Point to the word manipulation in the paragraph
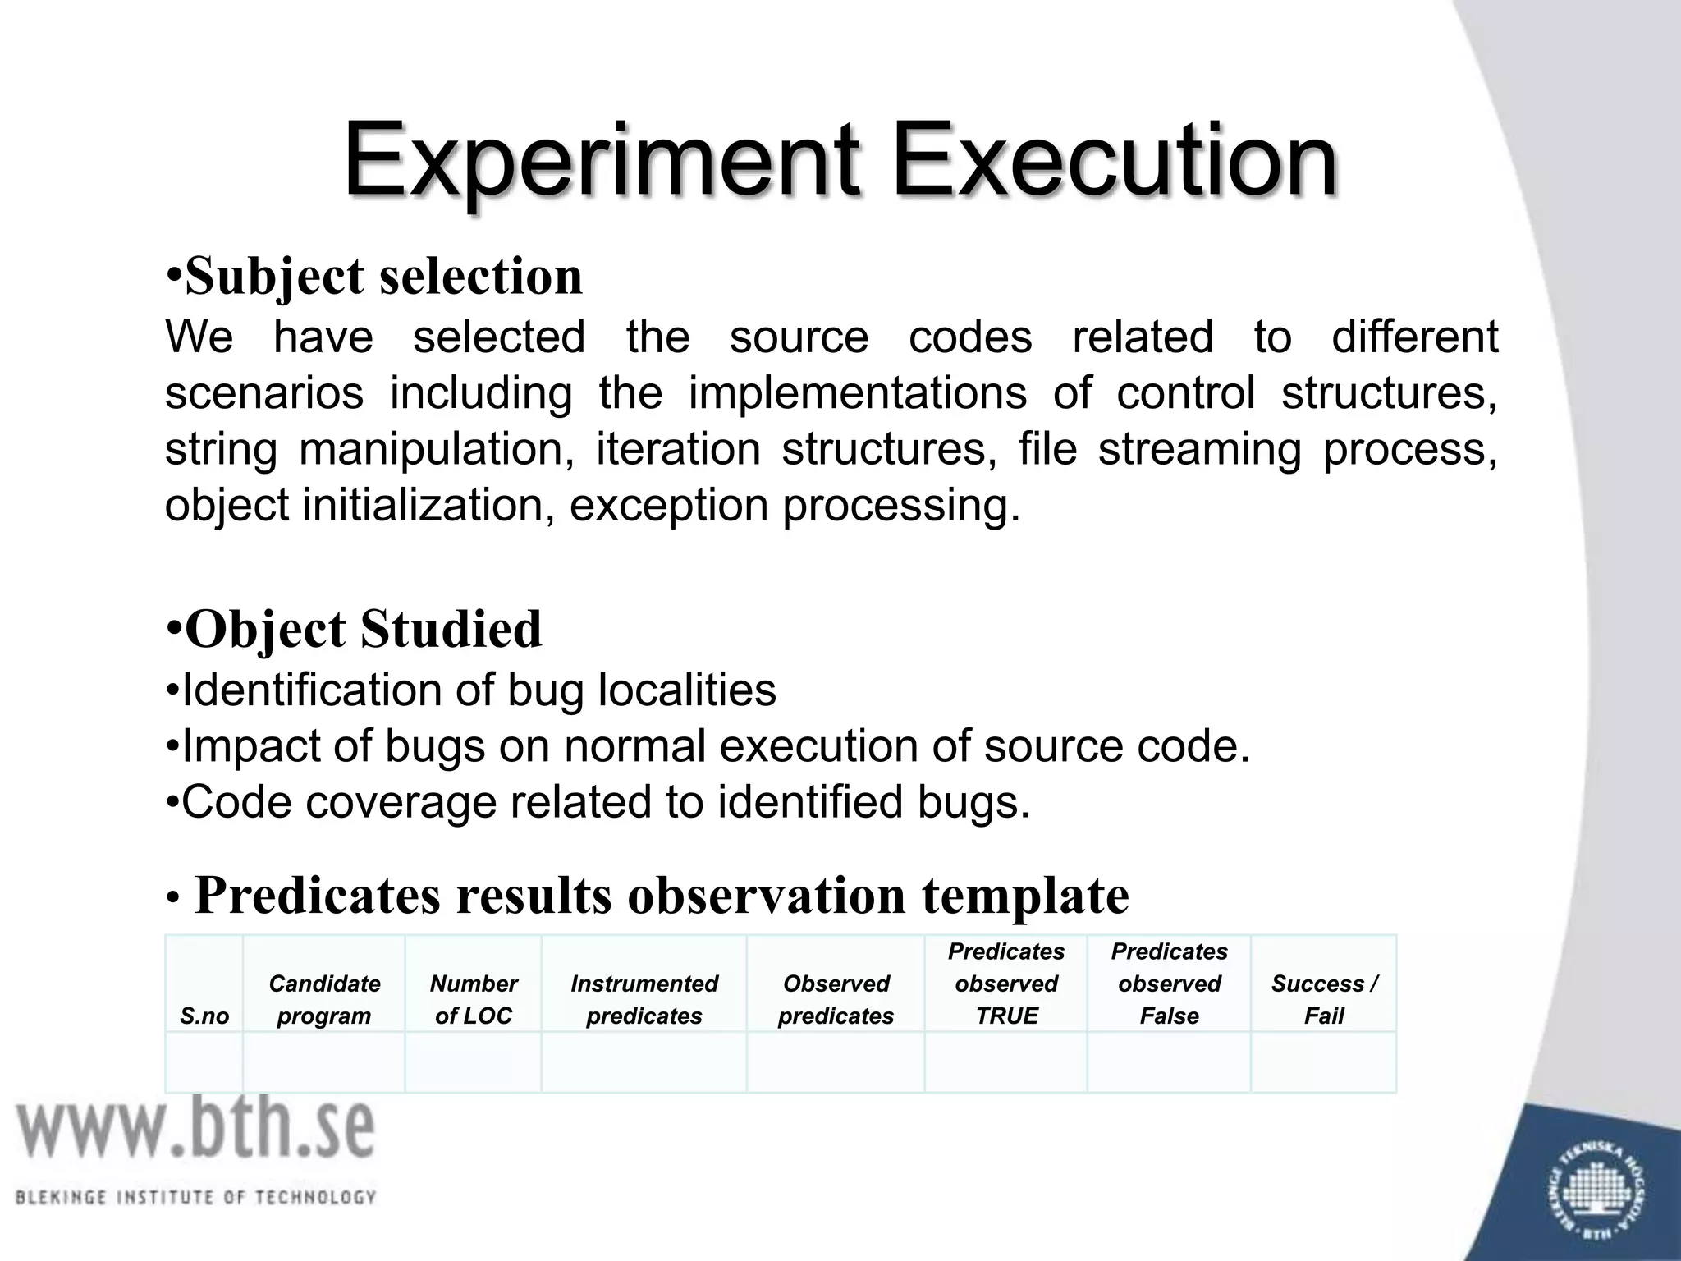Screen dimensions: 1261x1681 coord(436,450)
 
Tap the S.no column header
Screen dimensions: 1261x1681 coord(204,1016)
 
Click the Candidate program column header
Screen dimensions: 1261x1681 coord(324,999)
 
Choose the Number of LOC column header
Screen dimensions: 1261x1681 coord(474,999)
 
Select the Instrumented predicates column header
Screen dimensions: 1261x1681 coord(644,999)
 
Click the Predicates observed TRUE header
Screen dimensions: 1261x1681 coord(1006,984)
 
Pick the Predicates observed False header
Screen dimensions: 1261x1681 coord(1170,984)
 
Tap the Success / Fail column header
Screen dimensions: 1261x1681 coord(1324,999)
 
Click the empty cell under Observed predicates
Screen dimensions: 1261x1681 coord(836,1062)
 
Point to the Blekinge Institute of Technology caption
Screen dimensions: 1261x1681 coord(195,1197)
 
